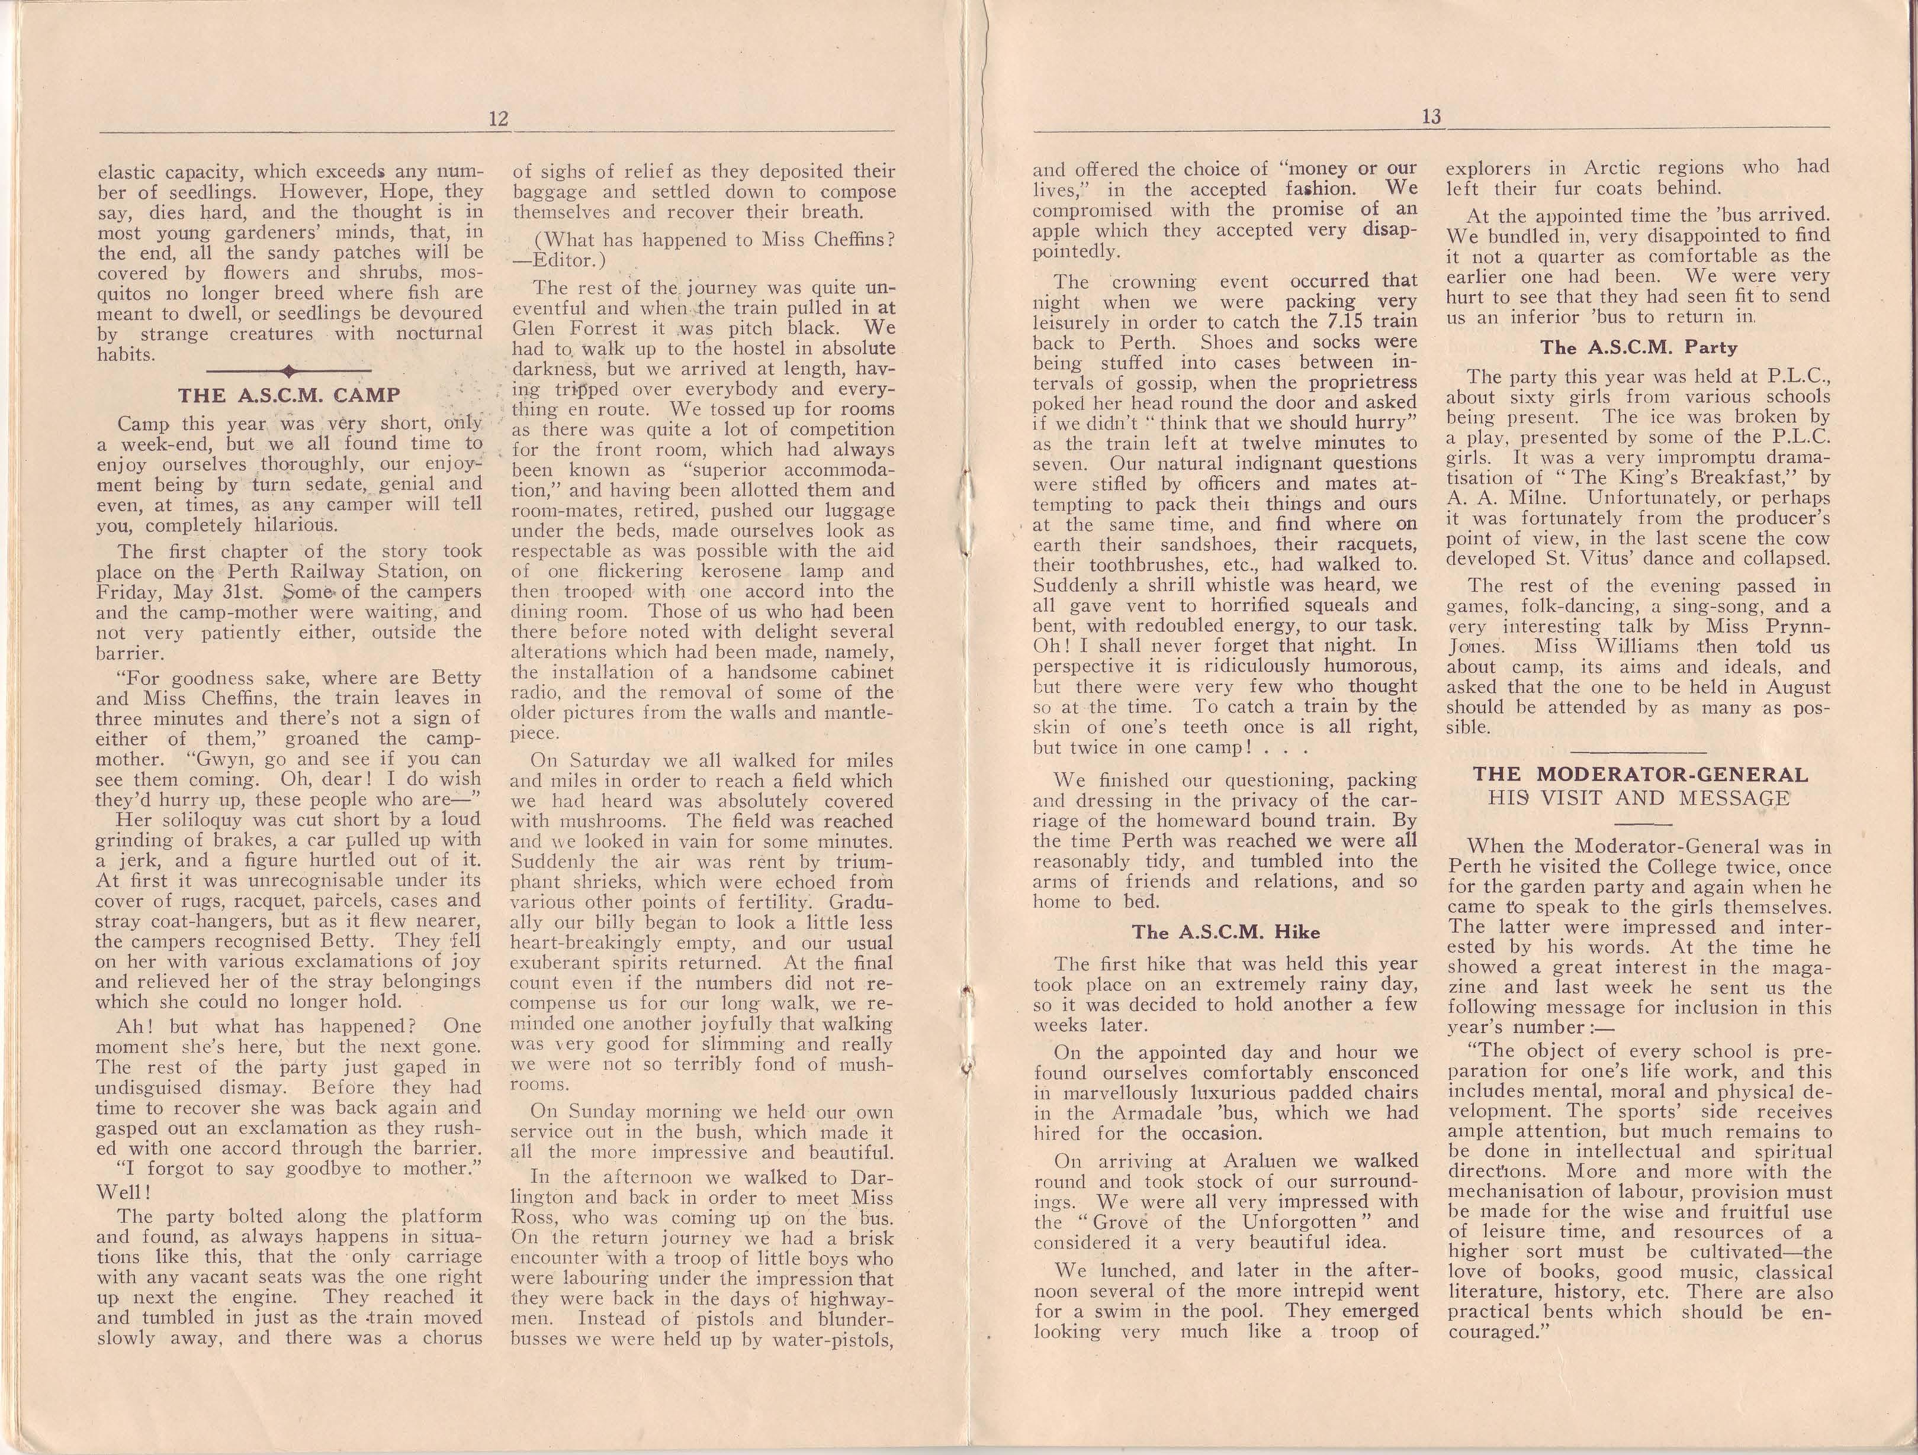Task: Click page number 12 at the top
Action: pyautogui.click(x=497, y=119)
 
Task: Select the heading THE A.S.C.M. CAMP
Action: pyautogui.click(x=289, y=395)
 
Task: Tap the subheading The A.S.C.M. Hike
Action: pyautogui.click(x=1225, y=933)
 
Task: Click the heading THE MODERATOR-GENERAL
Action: pyautogui.click(x=1640, y=775)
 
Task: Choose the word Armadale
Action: pyautogui.click(x=1129, y=1112)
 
